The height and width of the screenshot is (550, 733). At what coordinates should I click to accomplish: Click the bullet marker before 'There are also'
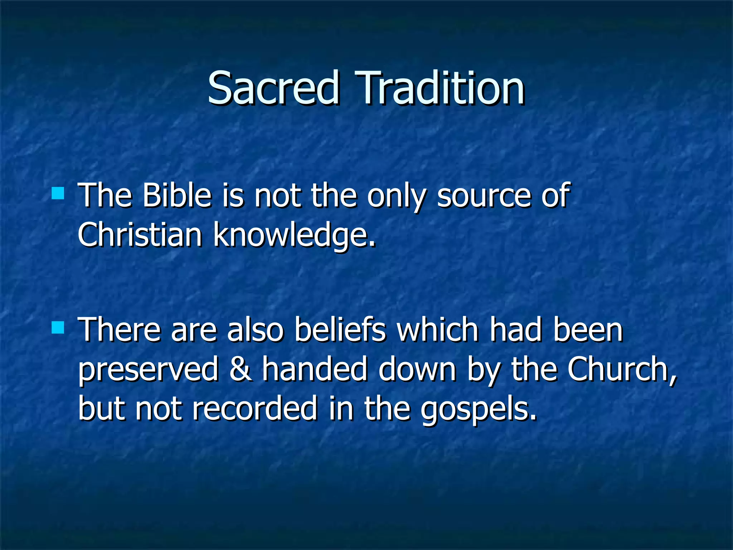pyautogui.click(x=58, y=327)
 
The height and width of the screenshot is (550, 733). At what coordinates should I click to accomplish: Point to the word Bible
pyautogui.click(x=177, y=196)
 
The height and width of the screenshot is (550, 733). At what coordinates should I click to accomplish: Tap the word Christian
pyautogui.click(x=140, y=235)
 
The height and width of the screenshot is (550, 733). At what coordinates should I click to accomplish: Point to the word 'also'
pyautogui.click(x=255, y=330)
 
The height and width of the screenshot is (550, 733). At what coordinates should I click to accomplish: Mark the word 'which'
pyautogui.click(x=438, y=330)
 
